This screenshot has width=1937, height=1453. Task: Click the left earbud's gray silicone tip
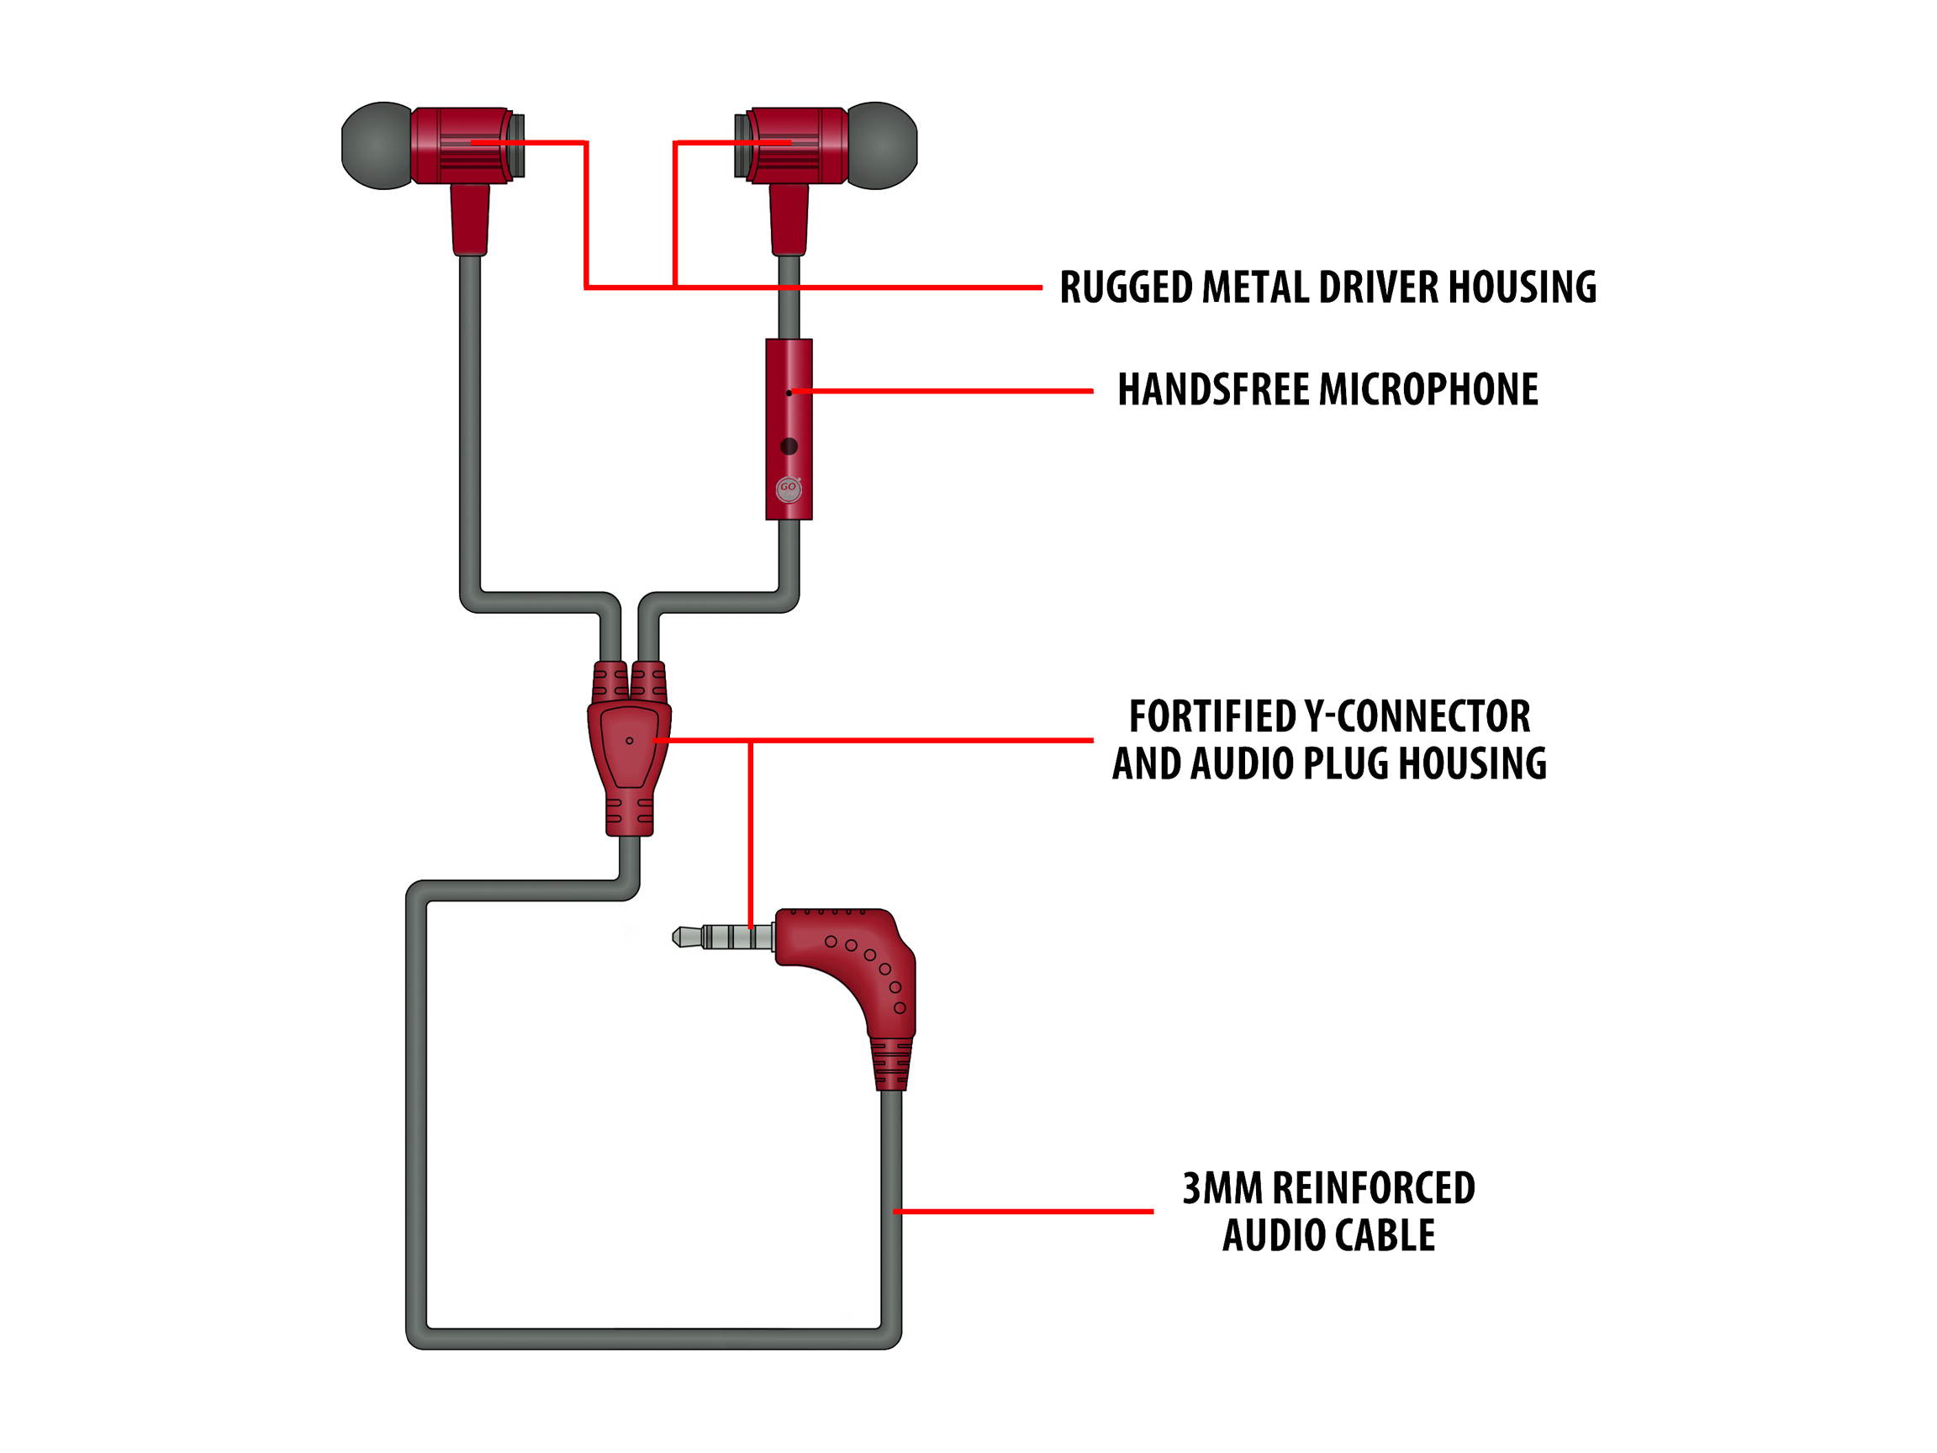(375, 145)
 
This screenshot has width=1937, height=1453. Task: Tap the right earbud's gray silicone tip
(883, 145)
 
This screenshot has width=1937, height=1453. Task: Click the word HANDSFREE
(1213, 390)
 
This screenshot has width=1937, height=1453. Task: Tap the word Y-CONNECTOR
(1417, 716)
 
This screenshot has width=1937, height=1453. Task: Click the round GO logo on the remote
(788, 489)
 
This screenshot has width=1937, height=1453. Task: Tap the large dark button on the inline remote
(788, 446)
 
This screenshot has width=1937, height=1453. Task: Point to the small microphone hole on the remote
(788, 394)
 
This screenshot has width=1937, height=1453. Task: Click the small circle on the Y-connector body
(629, 741)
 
